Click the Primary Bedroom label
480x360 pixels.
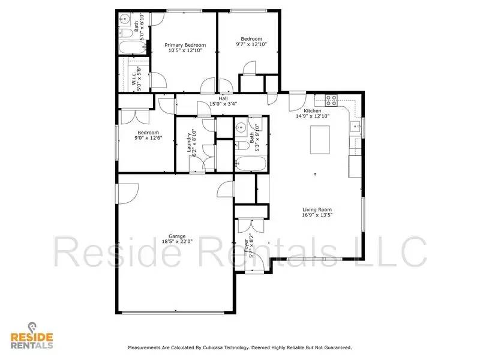185,45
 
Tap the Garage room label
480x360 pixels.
177,236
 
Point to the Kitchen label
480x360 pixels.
313,111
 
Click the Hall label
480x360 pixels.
223,98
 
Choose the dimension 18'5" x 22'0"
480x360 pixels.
177,242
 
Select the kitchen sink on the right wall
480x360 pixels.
355,127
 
